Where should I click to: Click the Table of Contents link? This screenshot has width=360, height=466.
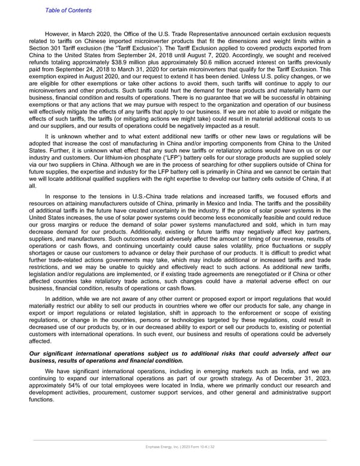click(x=68, y=10)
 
